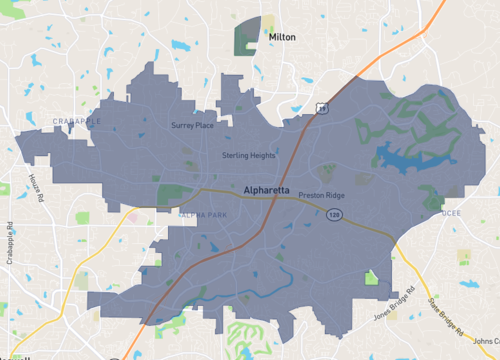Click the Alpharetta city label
coord(266,188)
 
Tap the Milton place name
coord(283,36)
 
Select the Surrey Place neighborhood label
coord(192,126)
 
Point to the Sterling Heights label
coord(248,156)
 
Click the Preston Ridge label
coord(321,196)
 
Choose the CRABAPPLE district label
coord(76,121)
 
